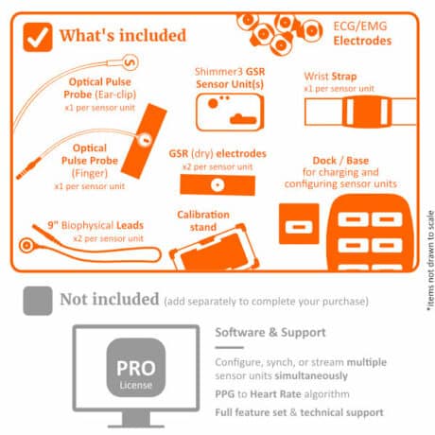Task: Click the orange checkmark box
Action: click(38, 37)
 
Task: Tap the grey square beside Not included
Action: click(38, 301)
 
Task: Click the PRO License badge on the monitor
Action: click(136, 367)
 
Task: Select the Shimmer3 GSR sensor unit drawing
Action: click(230, 112)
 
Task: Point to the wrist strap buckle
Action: click(366, 112)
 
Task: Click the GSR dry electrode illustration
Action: click(217, 184)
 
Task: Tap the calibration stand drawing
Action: click(215, 248)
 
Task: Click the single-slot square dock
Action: click(299, 224)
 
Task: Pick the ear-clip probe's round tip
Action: click(130, 62)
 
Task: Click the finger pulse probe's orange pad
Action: click(144, 141)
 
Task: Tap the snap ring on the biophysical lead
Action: click(27, 246)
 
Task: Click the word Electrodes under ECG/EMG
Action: click(362, 41)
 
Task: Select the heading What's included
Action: click(123, 35)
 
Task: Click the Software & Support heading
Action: click(270, 332)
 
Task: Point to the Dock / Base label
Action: click(340, 161)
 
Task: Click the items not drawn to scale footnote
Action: click(430, 261)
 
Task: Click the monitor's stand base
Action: click(136, 426)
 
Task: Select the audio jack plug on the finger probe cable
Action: click(28, 168)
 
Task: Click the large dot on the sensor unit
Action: click(213, 103)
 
